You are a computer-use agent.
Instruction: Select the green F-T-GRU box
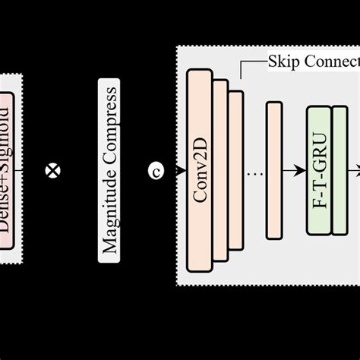pos(319,170)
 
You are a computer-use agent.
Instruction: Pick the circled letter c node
pos(156,171)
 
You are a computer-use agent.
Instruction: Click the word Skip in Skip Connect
pos(283,61)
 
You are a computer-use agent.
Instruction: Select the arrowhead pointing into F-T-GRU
pos(302,171)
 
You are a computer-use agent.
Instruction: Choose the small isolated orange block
pos(273,170)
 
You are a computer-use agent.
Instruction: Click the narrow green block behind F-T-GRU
pos(340,170)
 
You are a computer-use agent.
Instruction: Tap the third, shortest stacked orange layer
pos(237,170)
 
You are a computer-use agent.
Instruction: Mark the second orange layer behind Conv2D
pos(221,170)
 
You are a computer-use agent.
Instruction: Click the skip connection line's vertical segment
pos(241,70)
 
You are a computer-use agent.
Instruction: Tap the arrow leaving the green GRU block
pos(354,171)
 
